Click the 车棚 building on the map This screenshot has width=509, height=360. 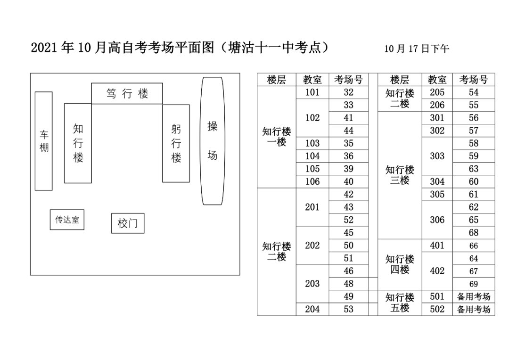point(44,141)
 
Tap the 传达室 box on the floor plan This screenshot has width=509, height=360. point(67,220)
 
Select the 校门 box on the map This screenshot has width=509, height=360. point(128,223)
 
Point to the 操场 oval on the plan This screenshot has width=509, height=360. point(212,141)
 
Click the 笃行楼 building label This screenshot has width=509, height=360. point(127,93)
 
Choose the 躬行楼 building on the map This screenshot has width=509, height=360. point(176,143)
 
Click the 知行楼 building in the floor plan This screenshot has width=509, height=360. point(78,143)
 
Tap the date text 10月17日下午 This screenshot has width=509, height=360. point(417,49)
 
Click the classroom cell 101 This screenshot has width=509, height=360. point(312,92)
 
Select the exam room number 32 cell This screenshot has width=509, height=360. point(348,92)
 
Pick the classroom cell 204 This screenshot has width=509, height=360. point(312,309)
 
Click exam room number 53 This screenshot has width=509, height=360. point(348,309)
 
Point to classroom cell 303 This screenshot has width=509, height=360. point(437,156)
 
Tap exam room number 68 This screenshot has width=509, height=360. point(473,233)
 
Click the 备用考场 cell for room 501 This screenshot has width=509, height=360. point(473,296)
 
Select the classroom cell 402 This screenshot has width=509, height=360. point(437,271)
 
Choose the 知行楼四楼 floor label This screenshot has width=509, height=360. point(400,264)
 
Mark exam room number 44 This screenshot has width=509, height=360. point(348,131)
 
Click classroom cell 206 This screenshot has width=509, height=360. point(437,105)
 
